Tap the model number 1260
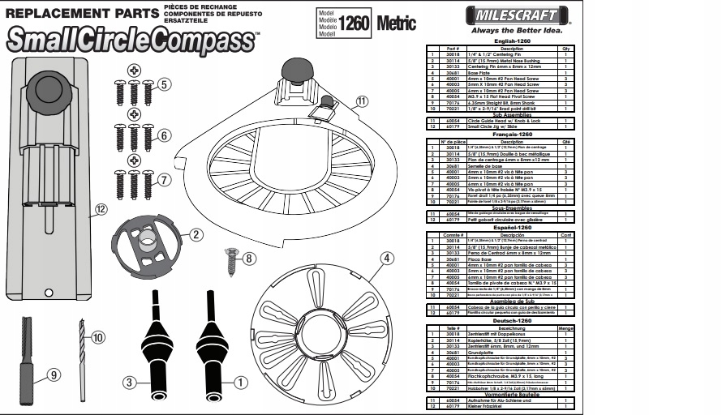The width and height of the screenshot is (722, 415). [x=354, y=23]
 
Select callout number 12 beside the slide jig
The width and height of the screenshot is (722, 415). [x=101, y=209]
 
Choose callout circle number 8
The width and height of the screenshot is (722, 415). [x=249, y=259]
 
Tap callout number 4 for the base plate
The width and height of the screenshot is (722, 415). [x=387, y=259]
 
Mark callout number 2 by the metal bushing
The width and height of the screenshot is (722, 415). [x=196, y=235]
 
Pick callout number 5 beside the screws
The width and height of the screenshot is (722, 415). [x=164, y=83]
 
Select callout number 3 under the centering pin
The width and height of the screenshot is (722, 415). [x=129, y=383]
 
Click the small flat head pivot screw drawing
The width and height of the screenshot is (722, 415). [x=232, y=261]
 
